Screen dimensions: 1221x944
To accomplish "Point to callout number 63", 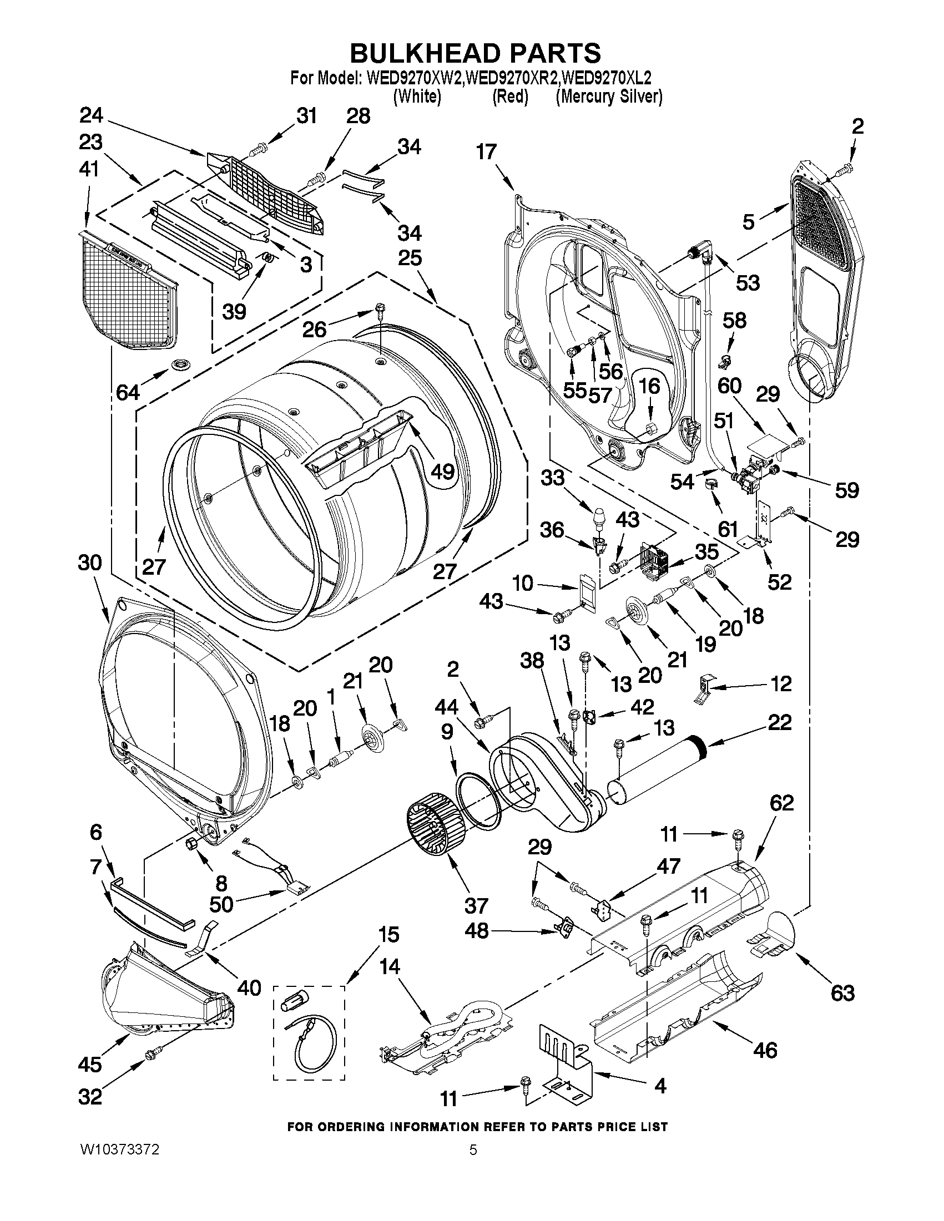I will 843,992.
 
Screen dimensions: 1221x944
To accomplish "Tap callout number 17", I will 487,151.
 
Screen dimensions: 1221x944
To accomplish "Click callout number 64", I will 128,392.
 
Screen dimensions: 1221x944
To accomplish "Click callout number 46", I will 766,1050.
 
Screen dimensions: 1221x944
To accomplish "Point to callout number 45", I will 89,1064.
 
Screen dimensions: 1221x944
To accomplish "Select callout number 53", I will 748,282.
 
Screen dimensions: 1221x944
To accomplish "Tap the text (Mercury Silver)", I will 609,96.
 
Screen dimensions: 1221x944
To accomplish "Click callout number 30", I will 89,562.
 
